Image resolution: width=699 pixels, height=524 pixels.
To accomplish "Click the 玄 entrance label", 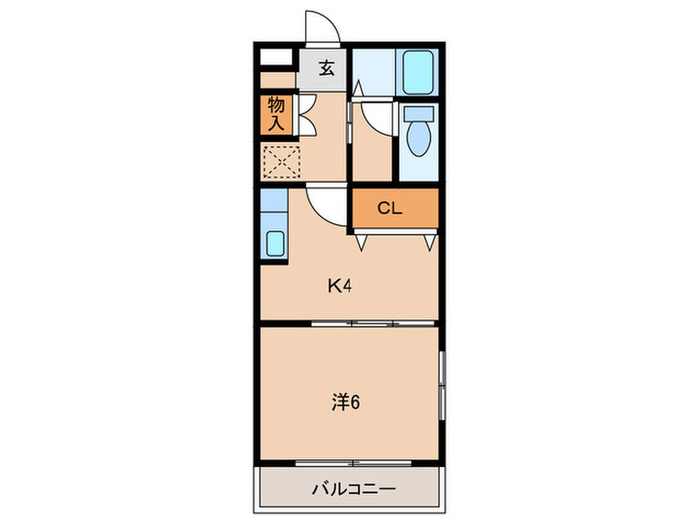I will pyautogui.click(x=326, y=69).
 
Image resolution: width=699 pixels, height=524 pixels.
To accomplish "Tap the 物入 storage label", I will pyautogui.click(x=277, y=114).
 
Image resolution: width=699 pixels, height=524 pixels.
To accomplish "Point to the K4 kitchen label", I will pyautogui.click(x=340, y=286).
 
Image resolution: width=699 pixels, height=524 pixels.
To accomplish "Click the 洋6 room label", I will pyautogui.click(x=346, y=402).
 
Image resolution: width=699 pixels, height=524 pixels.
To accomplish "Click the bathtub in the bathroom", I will pyautogui.click(x=417, y=71).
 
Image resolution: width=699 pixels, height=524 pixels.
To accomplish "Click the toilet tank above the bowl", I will pyautogui.click(x=417, y=113).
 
